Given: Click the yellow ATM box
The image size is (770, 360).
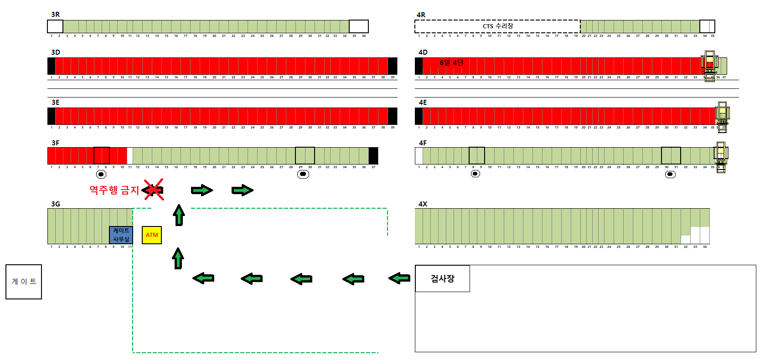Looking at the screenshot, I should (152, 235).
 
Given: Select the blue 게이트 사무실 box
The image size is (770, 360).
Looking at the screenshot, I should (121, 235).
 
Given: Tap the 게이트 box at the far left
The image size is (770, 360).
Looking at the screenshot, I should (24, 282).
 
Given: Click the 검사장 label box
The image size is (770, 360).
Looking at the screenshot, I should (442, 278).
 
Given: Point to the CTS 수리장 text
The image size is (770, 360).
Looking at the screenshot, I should (498, 26).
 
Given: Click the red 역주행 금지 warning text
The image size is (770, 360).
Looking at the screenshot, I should (114, 190).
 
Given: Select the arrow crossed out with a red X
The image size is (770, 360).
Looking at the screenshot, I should (153, 190).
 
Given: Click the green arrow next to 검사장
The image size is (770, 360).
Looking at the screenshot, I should (399, 278).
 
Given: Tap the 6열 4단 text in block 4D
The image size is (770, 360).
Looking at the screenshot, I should (451, 62).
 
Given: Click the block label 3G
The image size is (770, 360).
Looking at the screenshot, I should (56, 204).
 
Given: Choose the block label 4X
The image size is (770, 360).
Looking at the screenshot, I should (423, 204).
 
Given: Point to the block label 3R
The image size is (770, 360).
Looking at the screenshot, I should (56, 15).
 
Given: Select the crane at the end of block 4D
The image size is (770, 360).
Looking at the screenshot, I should (709, 66).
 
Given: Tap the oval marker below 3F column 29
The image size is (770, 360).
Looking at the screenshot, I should (303, 174).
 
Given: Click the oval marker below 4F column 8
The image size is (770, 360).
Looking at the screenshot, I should (475, 174).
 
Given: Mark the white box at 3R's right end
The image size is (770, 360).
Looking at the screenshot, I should (358, 26).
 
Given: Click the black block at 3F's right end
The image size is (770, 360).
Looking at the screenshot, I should (373, 156).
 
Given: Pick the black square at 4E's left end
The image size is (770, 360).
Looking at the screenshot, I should (419, 116).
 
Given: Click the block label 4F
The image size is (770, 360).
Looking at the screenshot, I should (423, 143).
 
